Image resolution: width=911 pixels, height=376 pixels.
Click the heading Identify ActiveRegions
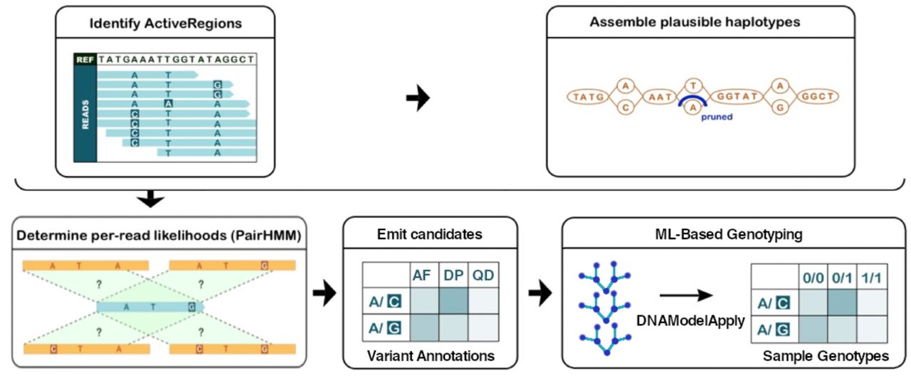coord(166,23)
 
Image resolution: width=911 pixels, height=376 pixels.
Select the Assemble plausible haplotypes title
coord(695,22)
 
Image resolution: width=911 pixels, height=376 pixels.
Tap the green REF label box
coord(85,59)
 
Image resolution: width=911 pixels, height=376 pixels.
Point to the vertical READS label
coord(85,115)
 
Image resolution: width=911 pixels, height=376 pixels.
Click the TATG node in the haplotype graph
coord(588,96)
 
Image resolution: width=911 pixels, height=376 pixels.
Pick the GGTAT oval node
coord(737,96)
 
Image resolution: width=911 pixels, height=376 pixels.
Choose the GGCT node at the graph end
coord(818,96)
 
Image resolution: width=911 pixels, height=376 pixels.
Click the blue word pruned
coord(717,117)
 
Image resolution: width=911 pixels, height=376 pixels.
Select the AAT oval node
coord(659,97)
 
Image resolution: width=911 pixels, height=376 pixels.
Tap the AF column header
coord(422,276)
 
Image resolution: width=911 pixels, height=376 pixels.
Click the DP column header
coord(453,276)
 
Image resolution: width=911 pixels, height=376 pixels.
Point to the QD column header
coord(483,276)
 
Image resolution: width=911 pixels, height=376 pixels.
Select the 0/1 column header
coord(842,278)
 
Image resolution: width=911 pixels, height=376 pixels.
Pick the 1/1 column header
coord(872,278)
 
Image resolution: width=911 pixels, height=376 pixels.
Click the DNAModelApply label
coord(690,320)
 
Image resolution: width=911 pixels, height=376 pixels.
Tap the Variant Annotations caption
coord(431,356)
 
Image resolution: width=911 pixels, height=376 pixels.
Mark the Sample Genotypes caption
coord(826,356)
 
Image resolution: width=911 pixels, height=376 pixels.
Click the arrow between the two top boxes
coord(418,98)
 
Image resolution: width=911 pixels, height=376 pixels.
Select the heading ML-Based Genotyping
coord(729,234)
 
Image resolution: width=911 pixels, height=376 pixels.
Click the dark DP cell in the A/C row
coord(453,301)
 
